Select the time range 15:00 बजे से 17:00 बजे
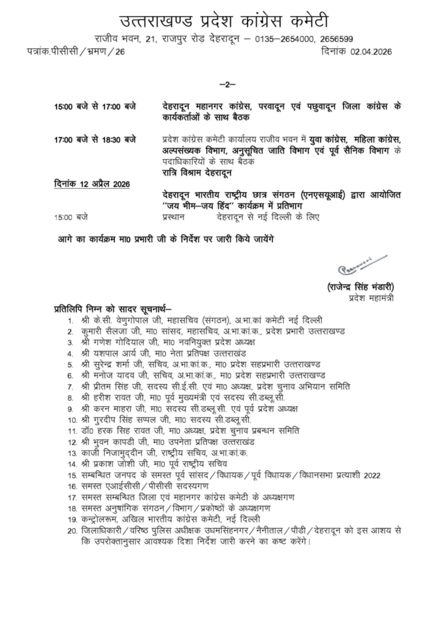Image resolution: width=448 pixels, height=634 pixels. (95, 106)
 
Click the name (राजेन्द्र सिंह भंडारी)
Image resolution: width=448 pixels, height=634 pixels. (361, 286)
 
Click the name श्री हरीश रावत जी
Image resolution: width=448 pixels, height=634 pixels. (109, 397)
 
